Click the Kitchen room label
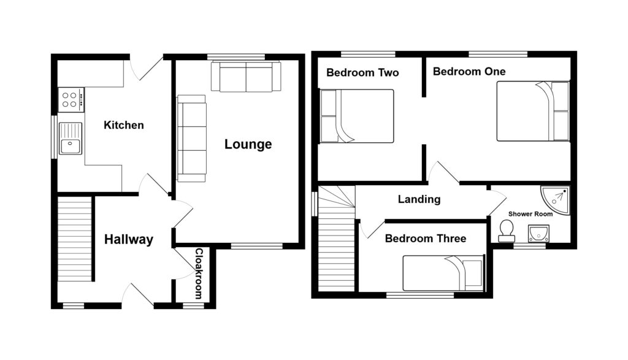coord(124,125)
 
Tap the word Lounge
coord(248,145)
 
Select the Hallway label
coord(128,240)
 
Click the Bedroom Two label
coord(362,72)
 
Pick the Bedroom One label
coord(469,72)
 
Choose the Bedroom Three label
coord(425,239)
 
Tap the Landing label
coord(419,199)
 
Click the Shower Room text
coord(530,214)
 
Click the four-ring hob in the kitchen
coord(71,99)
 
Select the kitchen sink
coord(71,139)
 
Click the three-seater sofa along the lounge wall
coord(191,139)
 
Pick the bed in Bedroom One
coord(532,111)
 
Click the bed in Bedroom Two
coord(357,116)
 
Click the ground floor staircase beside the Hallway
coord(74,248)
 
